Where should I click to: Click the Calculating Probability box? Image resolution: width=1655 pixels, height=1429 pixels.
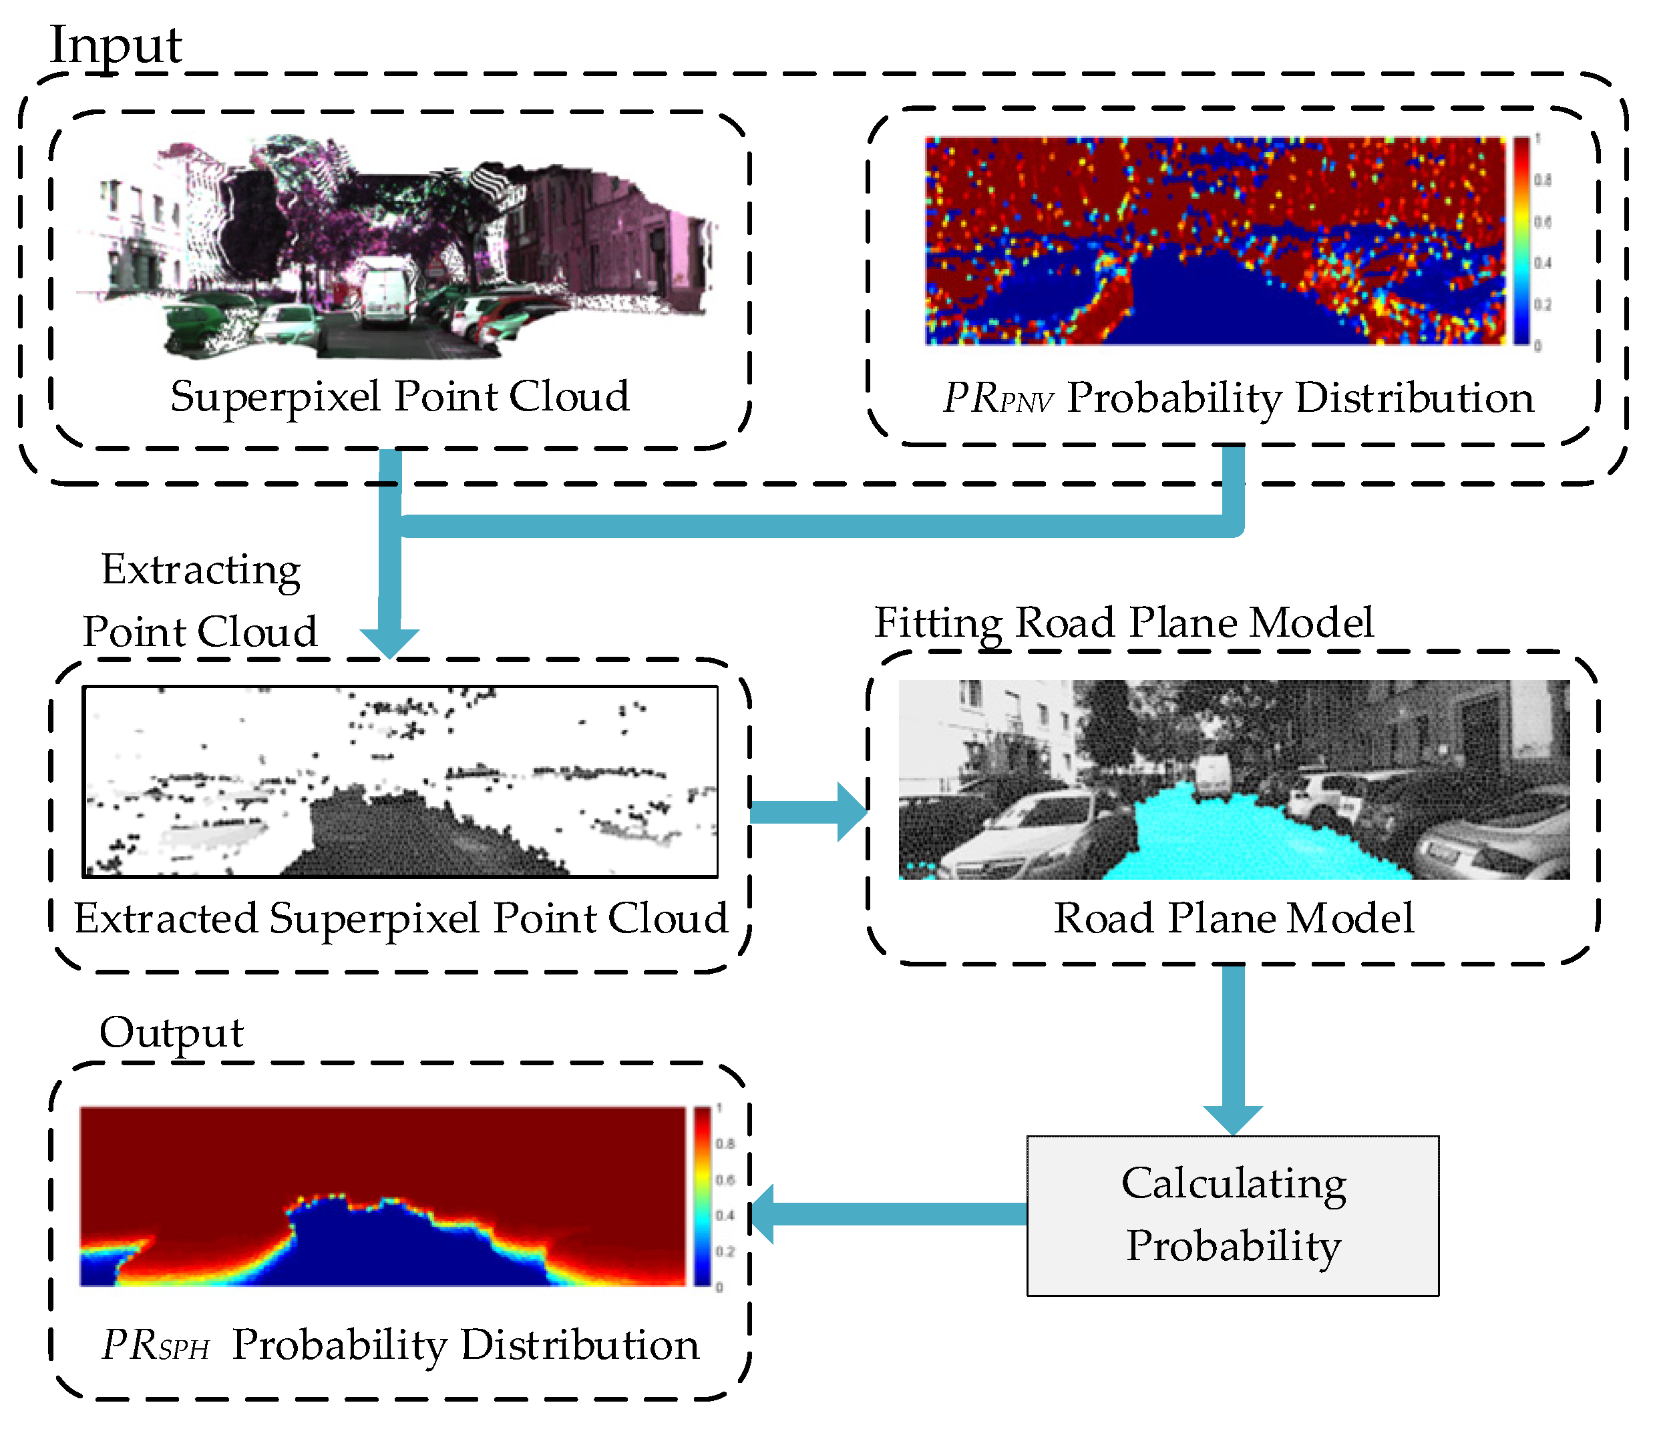[x=1232, y=1215]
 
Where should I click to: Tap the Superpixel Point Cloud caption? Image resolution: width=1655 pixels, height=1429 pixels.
[x=399, y=396]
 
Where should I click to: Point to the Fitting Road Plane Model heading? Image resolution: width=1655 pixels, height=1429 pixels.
[x=1124, y=623]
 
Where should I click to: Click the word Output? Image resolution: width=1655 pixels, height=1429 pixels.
[x=171, y=1033]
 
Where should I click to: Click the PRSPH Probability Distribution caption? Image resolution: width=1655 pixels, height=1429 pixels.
[x=399, y=1345]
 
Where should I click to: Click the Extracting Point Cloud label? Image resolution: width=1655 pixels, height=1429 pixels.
[x=200, y=600]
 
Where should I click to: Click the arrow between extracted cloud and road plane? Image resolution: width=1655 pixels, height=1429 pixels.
[x=807, y=812]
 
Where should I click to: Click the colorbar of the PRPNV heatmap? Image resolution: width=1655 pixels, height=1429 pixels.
[x=1521, y=240]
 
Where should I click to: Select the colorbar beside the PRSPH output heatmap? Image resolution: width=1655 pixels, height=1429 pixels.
[x=702, y=1195]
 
